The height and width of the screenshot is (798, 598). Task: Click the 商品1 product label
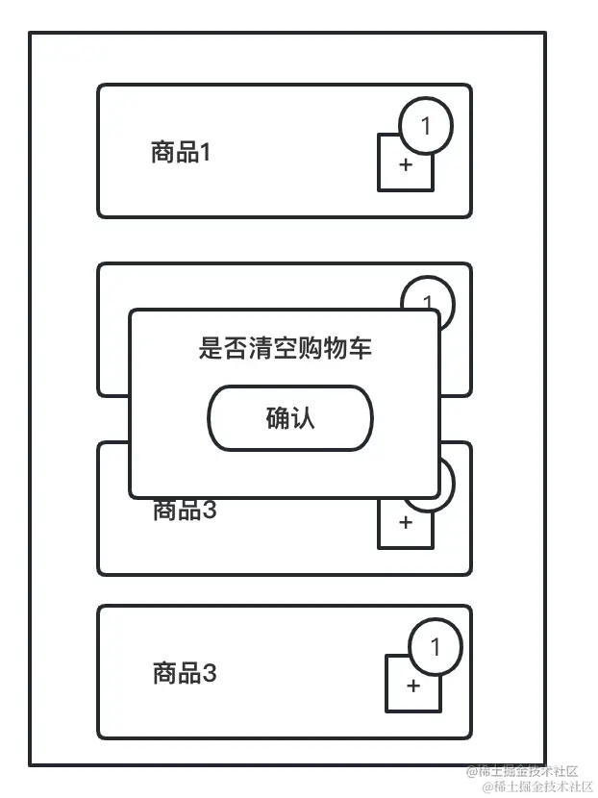pyautogui.click(x=180, y=152)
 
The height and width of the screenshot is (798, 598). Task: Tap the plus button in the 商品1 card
pyautogui.click(x=405, y=165)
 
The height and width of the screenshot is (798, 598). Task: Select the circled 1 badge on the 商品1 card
pyautogui.click(x=425, y=125)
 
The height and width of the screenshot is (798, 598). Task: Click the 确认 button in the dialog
pyautogui.click(x=289, y=417)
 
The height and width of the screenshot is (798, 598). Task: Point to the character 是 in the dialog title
pyautogui.click(x=210, y=348)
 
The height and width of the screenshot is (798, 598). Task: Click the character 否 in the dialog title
pyautogui.click(x=235, y=348)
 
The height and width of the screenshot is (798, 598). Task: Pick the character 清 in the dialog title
pyautogui.click(x=260, y=348)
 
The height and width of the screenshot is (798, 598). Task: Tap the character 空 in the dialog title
pyautogui.click(x=285, y=348)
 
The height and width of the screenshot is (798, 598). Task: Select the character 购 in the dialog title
pyautogui.click(x=310, y=348)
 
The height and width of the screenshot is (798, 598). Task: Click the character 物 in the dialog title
pyautogui.click(x=335, y=348)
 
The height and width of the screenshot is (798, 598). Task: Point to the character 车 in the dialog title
pyautogui.click(x=360, y=348)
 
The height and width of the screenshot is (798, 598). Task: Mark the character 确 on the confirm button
pyautogui.click(x=277, y=417)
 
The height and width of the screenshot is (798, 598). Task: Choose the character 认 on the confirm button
pyautogui.click(x=303, y=417)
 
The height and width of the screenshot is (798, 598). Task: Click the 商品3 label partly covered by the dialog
pyautogui.click(x=185, y=511)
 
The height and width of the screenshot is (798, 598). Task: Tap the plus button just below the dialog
pyautogui.click(x=405, y=523)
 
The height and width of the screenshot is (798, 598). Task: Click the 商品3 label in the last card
pyautogui.click(x=185, y=673)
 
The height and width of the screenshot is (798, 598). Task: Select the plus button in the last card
pyautogui.click(x=413, y=686)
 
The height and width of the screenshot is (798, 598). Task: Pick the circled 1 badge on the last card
pyautogui.click(x=435, y=647)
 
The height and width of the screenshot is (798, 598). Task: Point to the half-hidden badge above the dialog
pyautogui.click(x=427, y=293)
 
